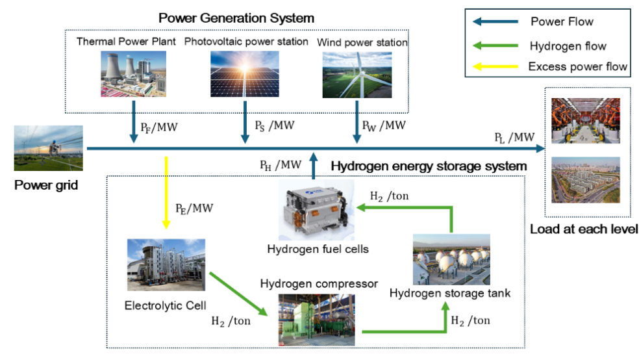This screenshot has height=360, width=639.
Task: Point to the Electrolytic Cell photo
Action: click(x=166, y=264)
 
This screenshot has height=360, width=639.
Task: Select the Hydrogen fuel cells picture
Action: click(x=316, y=211)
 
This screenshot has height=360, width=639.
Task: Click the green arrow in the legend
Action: click(x=495, y=46)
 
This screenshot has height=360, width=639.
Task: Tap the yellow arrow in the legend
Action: click(x=495, y=66)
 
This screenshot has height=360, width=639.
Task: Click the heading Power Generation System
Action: click(x=236, y=18)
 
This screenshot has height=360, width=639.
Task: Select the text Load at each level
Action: click(x=584, y=229)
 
